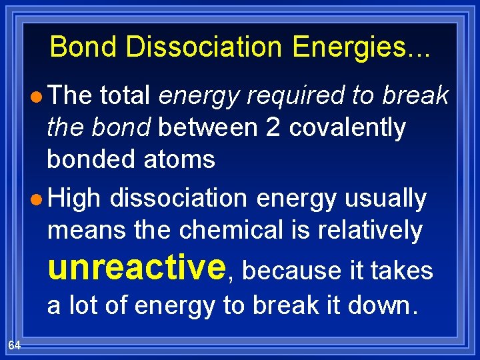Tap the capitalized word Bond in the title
point(80,47)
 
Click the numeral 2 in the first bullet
point(272,127)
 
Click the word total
point(125,96)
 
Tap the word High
point(74,199)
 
